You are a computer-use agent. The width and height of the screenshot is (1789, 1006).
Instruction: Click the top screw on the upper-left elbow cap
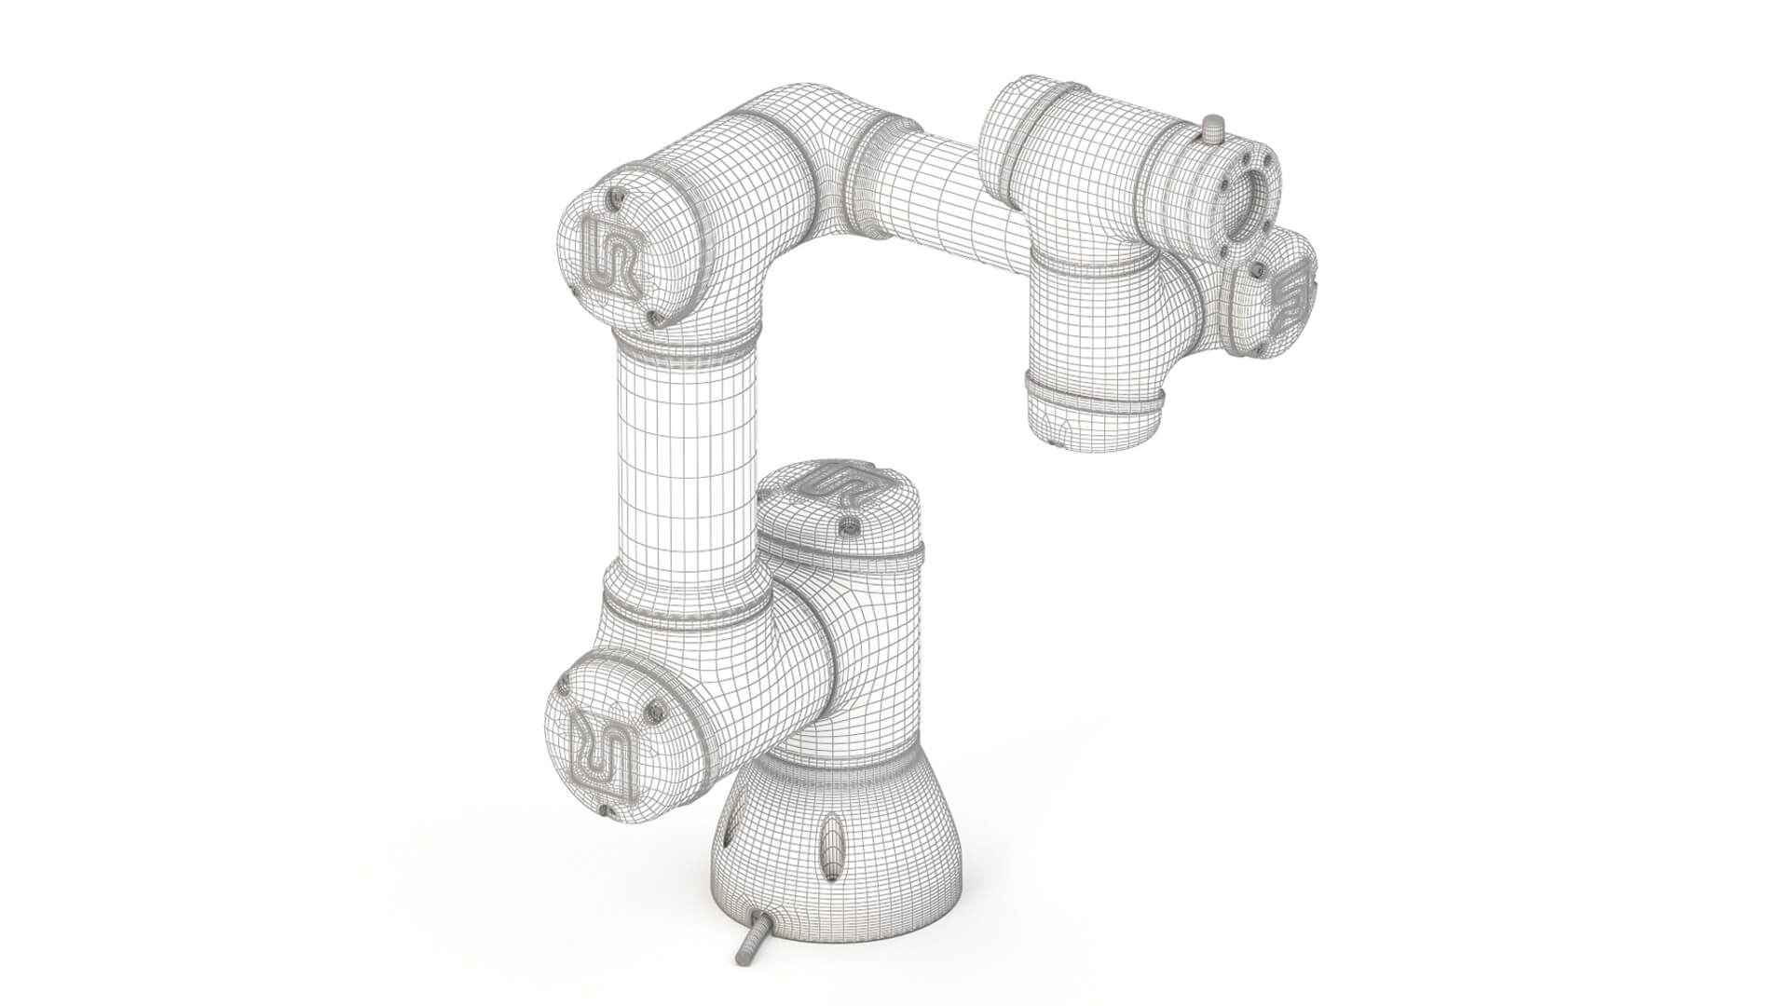click(x=616, y=197)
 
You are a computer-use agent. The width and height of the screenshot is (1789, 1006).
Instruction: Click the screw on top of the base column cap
click(x=848, y=528)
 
